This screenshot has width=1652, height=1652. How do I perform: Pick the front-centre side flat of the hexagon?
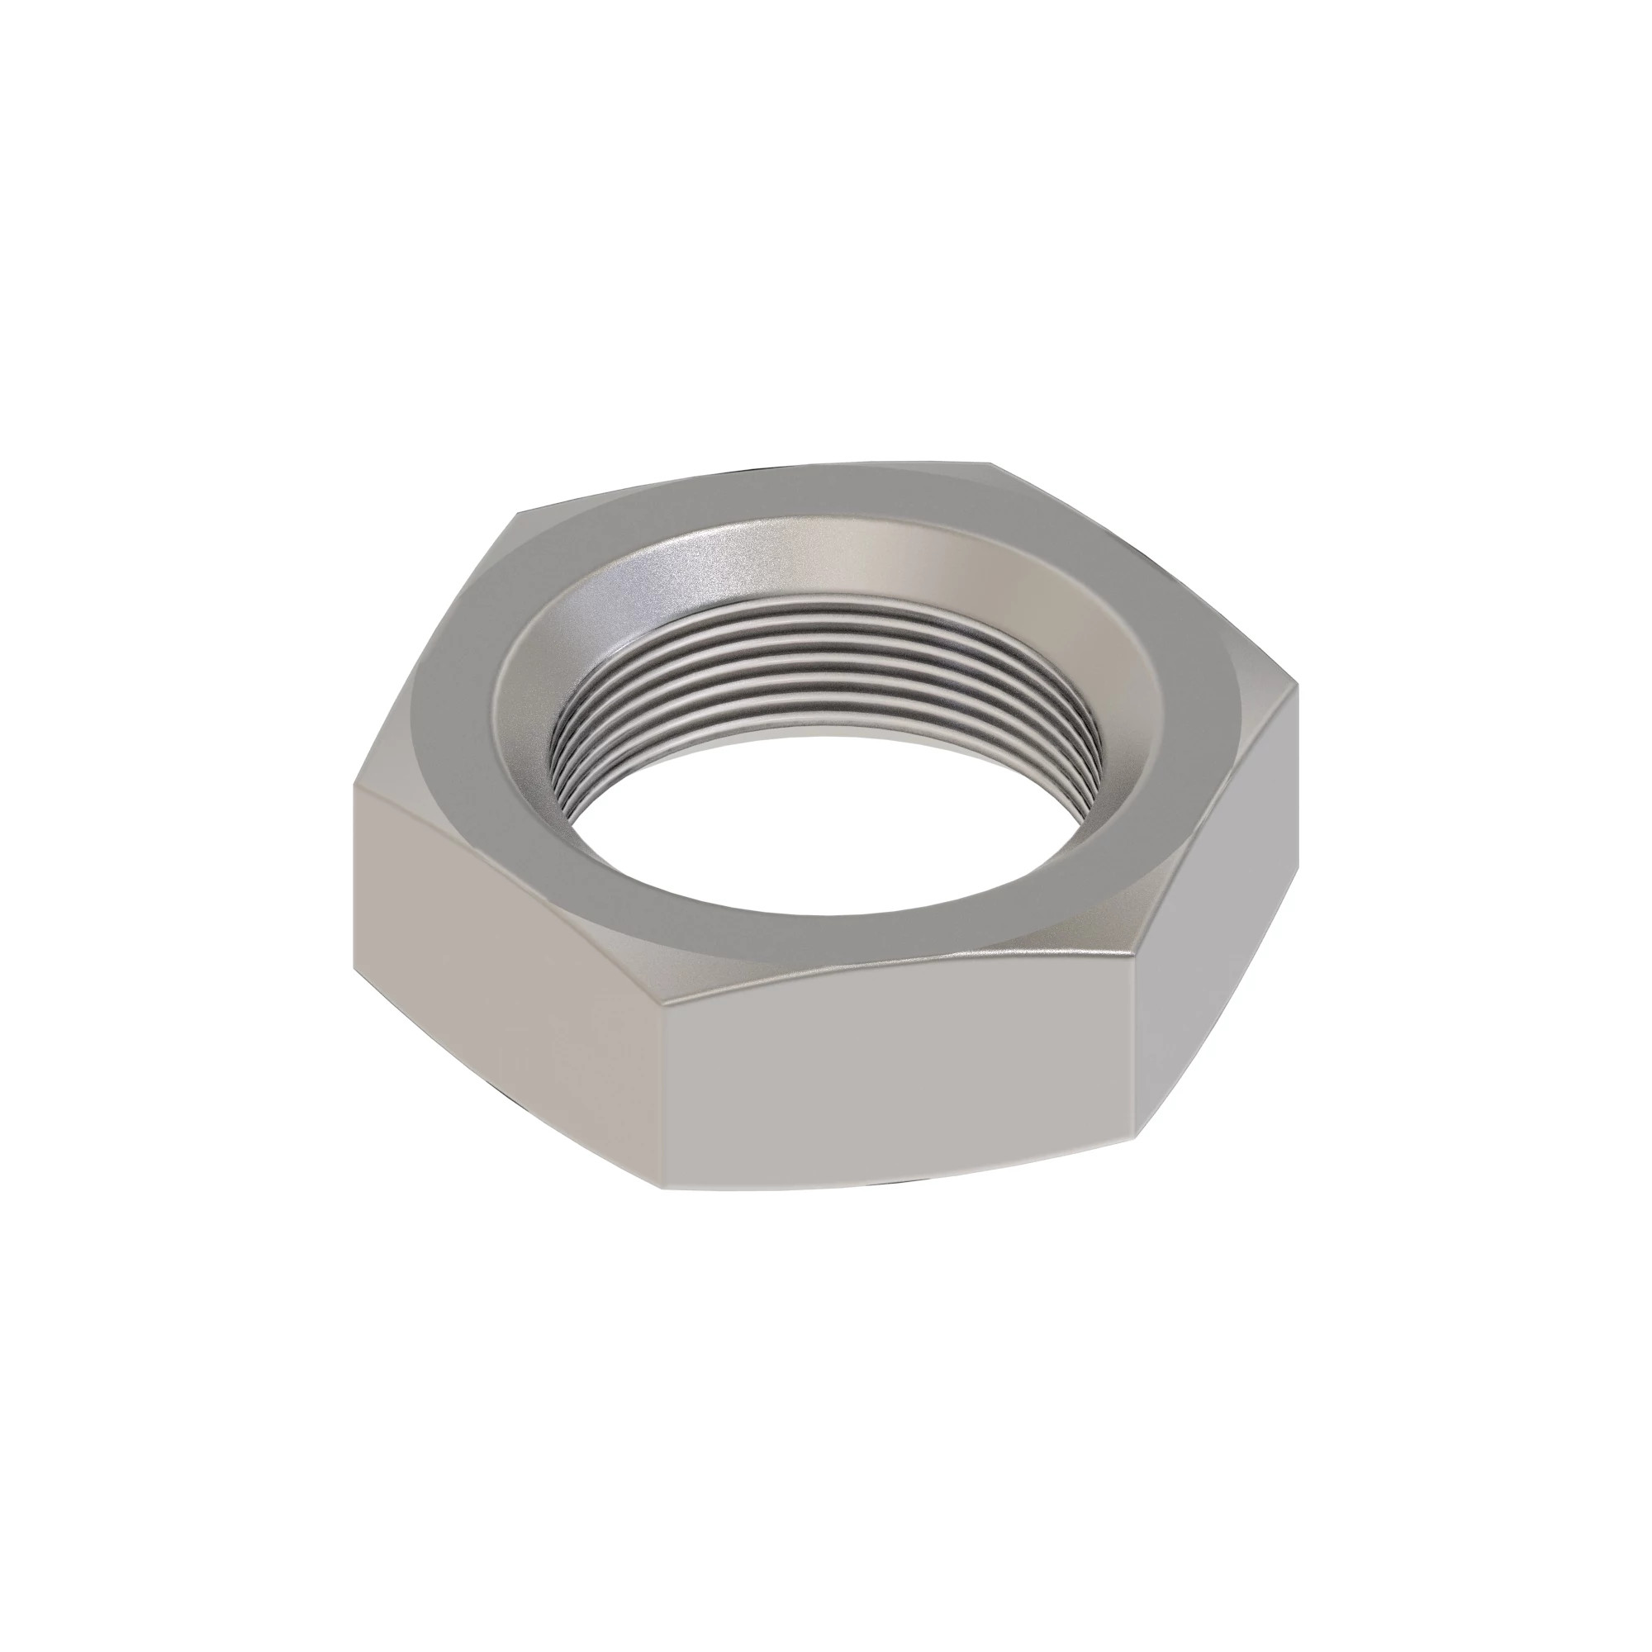[898, 1077]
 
